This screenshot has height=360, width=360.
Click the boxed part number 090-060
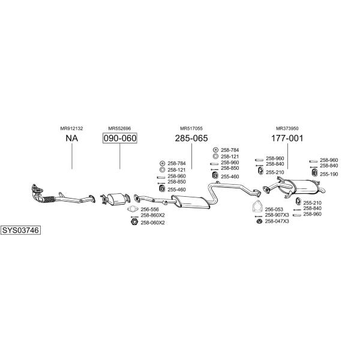(x=120, y=138)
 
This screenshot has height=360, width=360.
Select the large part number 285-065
(x=191, y=138)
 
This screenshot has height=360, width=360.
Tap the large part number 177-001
(x=287, y=138)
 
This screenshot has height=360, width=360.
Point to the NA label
(x=71, y=138)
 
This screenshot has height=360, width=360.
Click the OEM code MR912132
(x=71, y=128)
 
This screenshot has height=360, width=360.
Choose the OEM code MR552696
(x=119, y=128)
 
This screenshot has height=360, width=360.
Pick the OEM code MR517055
(x=191, y=128)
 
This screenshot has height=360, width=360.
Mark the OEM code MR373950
(x=287, y=128)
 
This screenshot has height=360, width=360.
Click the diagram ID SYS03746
(x=20, y=230)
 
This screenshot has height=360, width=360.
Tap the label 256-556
(x=149, y=209)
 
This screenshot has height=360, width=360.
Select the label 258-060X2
(x=152, y=223)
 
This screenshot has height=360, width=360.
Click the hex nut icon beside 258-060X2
(x=134, y=222)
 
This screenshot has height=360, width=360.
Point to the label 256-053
(x=274, y=209)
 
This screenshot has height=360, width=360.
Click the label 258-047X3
(x=277, y=221)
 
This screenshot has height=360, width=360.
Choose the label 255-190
(x=329, y=174)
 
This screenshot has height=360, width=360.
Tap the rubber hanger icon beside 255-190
(x=314, y=173)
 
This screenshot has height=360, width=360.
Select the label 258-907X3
(x=277, y=215)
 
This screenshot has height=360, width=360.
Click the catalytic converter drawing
(x=115, y=199)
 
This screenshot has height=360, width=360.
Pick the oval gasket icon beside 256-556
(x=133, y=209)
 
